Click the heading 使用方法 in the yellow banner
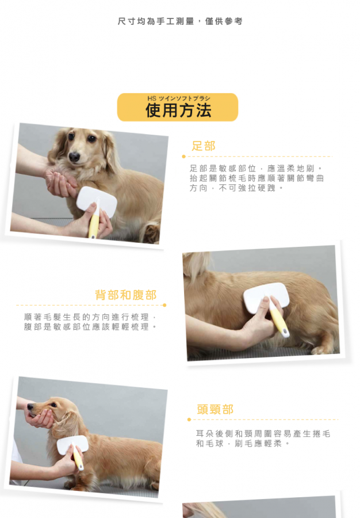(x=178, y=110)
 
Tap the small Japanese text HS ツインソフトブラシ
(x=178, y=98)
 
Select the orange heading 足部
(x=204, y=146)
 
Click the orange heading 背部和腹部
(x=126, y=295)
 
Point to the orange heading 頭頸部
(x=215, y=409)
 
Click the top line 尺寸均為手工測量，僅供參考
(x=180, y=21)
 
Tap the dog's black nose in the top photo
(x=74, y=157)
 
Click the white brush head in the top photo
(x=97, y=201)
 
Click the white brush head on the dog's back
(x=266, y=298)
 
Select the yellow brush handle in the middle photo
(x=279, y=319)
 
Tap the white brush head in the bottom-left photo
(x=72, y=444)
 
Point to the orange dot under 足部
(x=184, y=156)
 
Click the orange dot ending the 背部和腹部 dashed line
(x=164, y=305)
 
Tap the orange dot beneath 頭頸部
(x=189, y=420)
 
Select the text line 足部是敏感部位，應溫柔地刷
(x=256, y=168)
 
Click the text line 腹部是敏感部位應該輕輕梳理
(x=90, y=327)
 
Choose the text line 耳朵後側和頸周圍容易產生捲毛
(x=263, y=433)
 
